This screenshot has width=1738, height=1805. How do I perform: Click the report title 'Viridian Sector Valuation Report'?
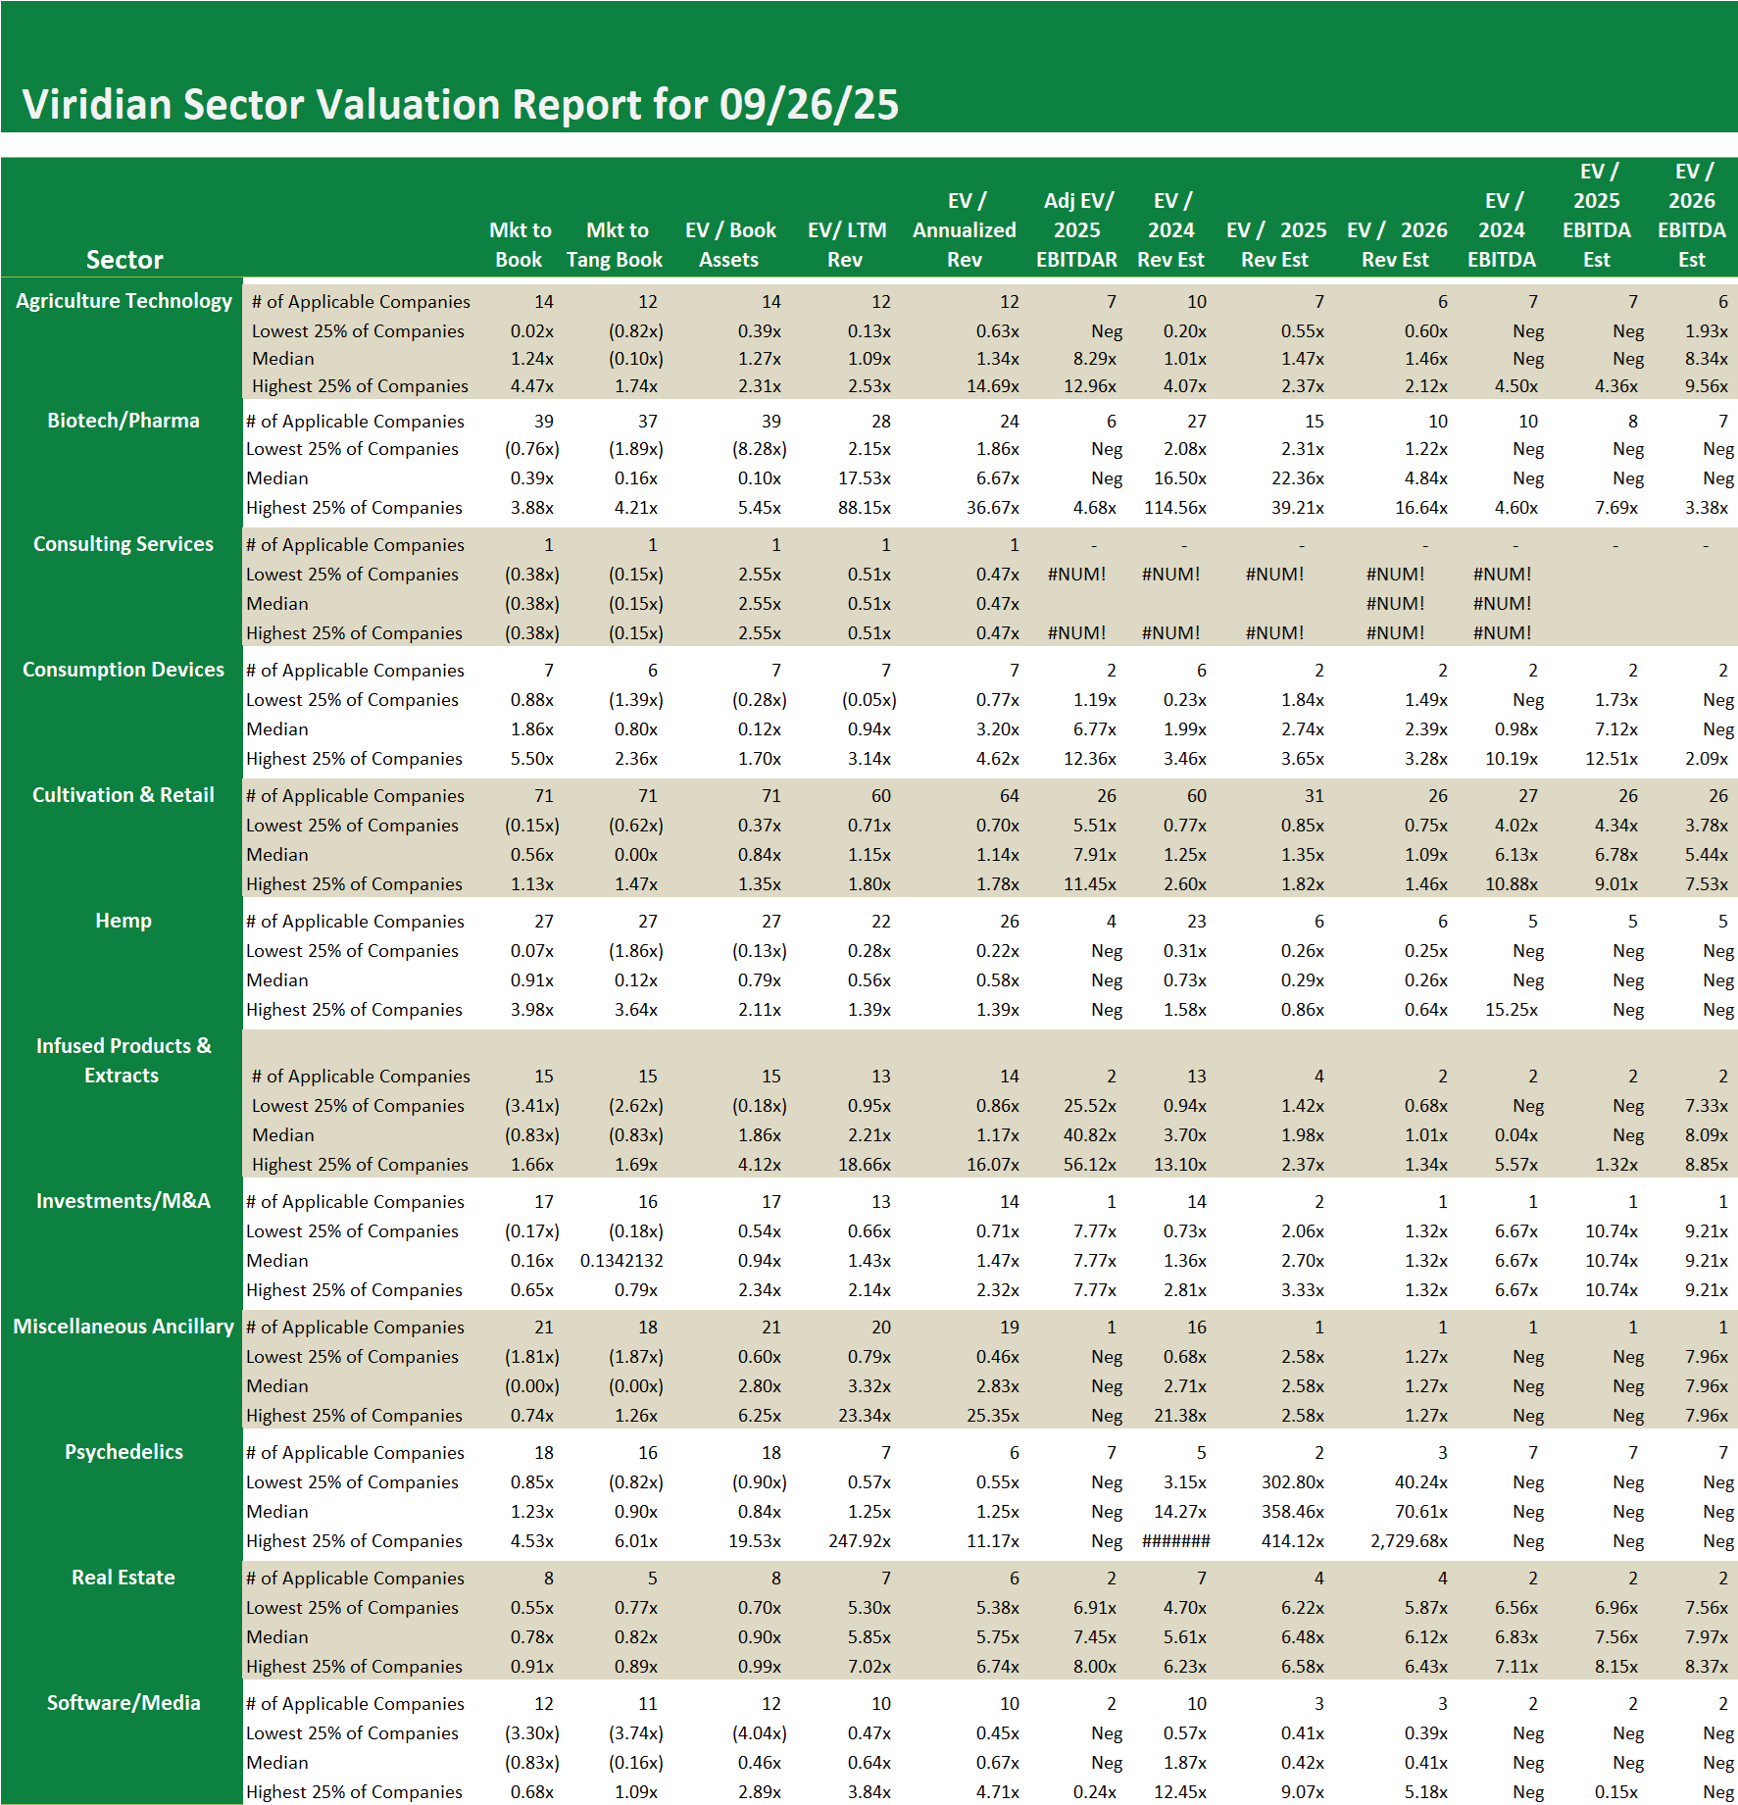pyautogui.click(x=460, y=105)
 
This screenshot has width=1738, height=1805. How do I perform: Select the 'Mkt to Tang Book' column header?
pyautogui.click(x=615, y=245)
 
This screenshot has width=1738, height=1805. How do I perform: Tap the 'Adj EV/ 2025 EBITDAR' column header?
pyautogui.click(x=1076, y=230)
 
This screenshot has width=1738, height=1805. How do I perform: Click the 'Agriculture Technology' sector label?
pyautogui.click(x=124, y=301)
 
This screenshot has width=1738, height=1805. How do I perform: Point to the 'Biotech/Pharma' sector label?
pyautogui.click(x=124, y=421)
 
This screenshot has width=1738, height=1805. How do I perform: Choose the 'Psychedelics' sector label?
pyautogui.click(x=124, y=1452)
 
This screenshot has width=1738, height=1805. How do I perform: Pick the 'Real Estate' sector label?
pyautogui.click(x=124, y=1578)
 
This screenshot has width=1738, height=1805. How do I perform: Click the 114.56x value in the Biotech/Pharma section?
pyautogui.click(x=1175, y=508)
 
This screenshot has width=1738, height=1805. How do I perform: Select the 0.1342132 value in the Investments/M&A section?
pyautogui.click(x=621, y=1261)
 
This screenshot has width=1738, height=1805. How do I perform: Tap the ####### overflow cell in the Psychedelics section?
pyautogui.click(x=1175, y=1541)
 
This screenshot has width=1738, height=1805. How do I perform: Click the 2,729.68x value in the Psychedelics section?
pyautogui.click(x=1409, y=1541)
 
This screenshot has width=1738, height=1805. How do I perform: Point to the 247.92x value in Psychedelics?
pyautogui.click(x=860, y=1541)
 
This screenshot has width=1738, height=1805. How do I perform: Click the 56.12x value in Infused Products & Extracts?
pyautogui.click(x=1090, y=1165)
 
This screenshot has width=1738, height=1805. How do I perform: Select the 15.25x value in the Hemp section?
pyautogui.click(x=1512, y=1010)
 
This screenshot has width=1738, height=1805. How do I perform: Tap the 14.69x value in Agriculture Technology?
pyautogui.click(x=993, y=386)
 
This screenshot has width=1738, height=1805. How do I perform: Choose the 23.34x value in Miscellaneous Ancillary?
pyautogui.click(x=864, y=1416)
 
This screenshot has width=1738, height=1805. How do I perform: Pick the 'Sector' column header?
pyautogui.click(x=124, y=260)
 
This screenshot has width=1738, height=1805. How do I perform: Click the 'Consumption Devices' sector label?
pyautogui.click(x=124, y=670)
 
